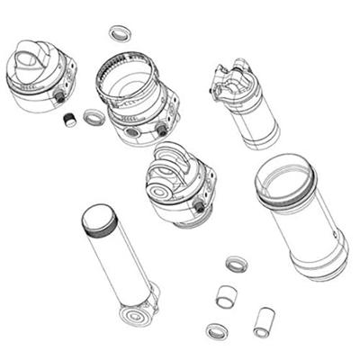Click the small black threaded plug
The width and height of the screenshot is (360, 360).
tap(69, 119)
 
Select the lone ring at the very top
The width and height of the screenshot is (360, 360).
tap(119, 33)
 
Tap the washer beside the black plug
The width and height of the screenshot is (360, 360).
tap(94, 116)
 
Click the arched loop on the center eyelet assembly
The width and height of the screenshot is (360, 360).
tap(172, 159)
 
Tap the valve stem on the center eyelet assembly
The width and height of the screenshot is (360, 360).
tap(198, 208)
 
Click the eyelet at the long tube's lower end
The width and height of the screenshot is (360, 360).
tap(137, 316)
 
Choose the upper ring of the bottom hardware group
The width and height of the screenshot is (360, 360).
tap(237, 265)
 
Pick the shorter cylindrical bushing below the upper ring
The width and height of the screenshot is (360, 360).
tap(226, 296)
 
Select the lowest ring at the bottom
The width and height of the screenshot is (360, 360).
tap(217, 330)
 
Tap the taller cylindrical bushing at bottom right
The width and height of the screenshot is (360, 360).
tap(264, 321)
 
